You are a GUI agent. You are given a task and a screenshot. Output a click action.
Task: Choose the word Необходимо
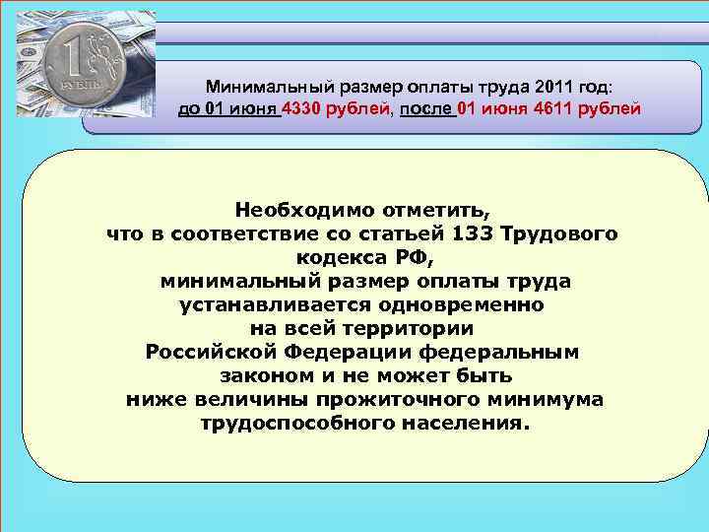point(302,210)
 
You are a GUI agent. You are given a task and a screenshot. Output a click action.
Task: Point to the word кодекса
point(335,258)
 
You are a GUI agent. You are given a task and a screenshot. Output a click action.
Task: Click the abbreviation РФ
point(413,258)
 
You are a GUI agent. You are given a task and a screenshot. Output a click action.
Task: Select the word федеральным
point(500,353)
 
